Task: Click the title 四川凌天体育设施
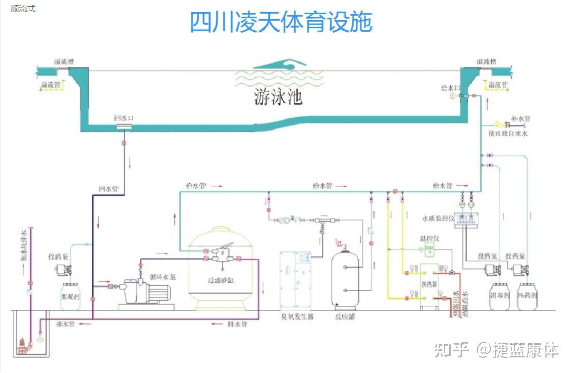[281, 22]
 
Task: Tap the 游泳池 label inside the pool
[278, 97]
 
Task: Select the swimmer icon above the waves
[280, 65]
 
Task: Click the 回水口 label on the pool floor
[124, 118]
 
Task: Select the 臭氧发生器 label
[298, 317]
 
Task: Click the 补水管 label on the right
[520, 118]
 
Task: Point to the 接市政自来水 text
[508, 133]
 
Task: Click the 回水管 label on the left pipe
[108, 189]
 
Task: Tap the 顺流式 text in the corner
[23, 9]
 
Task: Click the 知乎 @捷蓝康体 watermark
[496, 350]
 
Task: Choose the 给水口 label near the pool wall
[450, 88]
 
